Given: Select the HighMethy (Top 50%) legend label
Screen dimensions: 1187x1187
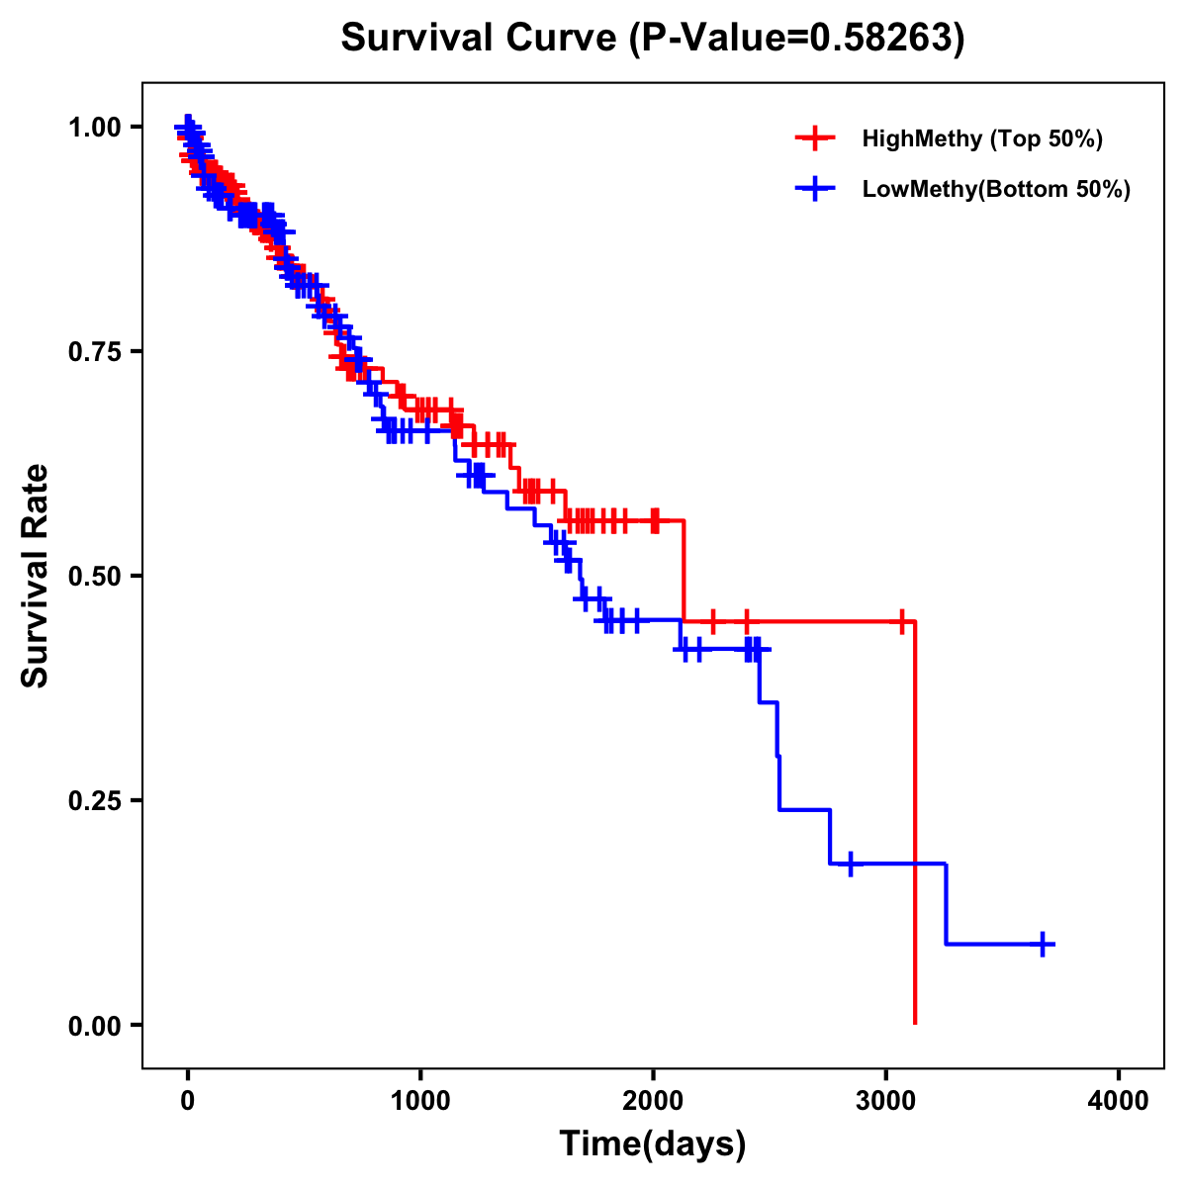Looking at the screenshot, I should coord(981,138).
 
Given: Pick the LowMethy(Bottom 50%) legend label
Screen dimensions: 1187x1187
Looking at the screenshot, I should coord(996,189).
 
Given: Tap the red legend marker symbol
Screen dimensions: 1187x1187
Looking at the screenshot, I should coord(815,138).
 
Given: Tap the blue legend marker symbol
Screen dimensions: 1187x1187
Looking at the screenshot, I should coord(815,189).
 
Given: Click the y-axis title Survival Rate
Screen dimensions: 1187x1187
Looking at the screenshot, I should coord(36,576).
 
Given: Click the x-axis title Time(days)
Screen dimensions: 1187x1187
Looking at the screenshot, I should coord(653,1144).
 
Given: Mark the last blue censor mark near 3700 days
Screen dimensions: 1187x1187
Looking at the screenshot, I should coord(1042,944).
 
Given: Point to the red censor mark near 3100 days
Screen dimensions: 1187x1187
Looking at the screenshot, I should coord(901,622).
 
